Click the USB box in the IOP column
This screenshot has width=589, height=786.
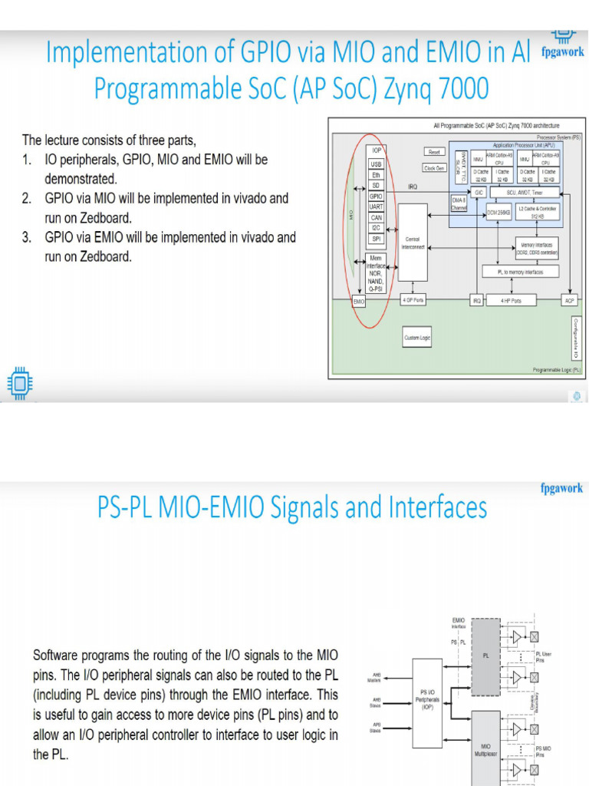(376, 164)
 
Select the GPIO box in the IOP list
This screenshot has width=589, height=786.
(376, 196)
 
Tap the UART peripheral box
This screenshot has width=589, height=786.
(376, 206)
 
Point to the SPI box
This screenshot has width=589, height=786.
(376, 239)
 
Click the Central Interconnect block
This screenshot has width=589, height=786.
(413, 243)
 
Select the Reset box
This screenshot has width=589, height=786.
(433, 153)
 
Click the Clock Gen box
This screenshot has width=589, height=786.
(433, 168)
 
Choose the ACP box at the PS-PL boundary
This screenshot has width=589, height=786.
(569, 300)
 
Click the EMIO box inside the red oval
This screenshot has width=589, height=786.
(359, 302)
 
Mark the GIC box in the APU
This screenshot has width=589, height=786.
(479, 192)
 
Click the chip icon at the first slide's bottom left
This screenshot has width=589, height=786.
(20, 381)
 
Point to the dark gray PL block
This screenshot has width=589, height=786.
(485, 656)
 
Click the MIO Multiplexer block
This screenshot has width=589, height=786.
(485, 749)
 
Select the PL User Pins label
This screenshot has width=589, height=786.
(543, 656)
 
